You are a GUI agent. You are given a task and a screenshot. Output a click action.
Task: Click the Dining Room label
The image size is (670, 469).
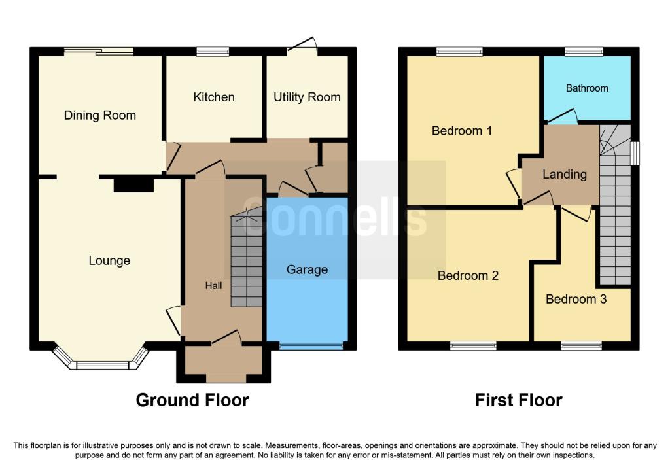tap(100, 115)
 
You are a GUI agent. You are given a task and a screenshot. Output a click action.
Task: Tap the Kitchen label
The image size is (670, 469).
tap(214, 97)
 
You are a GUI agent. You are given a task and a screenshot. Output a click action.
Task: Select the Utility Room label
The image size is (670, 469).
tap(307, 97)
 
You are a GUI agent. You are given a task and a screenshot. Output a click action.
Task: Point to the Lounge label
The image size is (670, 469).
tap(109, 261)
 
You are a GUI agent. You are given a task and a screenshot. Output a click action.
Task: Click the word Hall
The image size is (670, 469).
tap(213, 286)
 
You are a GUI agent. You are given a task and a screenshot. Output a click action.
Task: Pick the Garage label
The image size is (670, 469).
tap(308, 269)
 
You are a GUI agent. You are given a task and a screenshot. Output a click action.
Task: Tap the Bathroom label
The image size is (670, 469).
tap(587, 88)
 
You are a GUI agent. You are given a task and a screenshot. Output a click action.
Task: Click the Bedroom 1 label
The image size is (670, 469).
tap(461, 131)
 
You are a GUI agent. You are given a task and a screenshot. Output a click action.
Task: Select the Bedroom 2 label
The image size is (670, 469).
tap(468, 275)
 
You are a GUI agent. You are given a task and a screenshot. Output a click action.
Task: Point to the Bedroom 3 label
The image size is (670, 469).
tap(576, 299)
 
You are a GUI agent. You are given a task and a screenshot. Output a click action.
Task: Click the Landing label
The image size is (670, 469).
tap(565, 174)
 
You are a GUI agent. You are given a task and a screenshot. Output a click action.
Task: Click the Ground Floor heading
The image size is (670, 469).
tap(192, 400)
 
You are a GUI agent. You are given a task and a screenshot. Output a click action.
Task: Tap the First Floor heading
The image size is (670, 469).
tap(518, 400)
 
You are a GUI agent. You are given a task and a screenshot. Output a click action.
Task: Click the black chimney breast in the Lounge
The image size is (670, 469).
tap(133, 184)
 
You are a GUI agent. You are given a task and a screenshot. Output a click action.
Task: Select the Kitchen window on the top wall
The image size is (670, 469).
tap(213, 52)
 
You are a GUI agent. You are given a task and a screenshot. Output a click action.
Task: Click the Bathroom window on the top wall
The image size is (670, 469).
tap(584, 52)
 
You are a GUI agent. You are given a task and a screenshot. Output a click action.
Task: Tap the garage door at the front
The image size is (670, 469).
tap(311, 345)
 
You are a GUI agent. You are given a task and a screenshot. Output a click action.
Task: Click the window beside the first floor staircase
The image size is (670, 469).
tap(636, 153)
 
